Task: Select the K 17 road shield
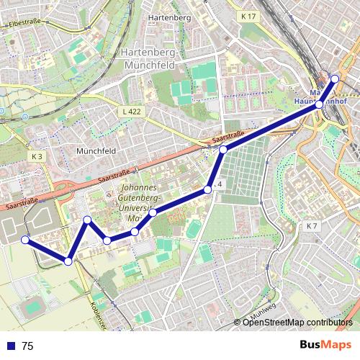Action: [x=248, y=16]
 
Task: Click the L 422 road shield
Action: [x=132, y=112]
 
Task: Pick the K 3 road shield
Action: [x=37, y=156]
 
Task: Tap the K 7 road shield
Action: [x=311, y=226]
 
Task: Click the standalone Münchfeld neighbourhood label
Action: [x=96, y=152]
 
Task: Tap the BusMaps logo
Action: [x=325, y=345]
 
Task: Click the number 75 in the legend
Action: [x=27, y=346]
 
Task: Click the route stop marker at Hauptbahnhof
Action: [x=320, y=104]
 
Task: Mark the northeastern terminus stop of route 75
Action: [x=334, y=78]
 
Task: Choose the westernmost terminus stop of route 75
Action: [x=24, y=239]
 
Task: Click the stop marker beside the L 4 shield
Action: [x=208, y=189]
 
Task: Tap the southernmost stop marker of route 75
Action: [x=68, y=261]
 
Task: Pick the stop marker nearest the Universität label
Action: [x=153, y=212]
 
